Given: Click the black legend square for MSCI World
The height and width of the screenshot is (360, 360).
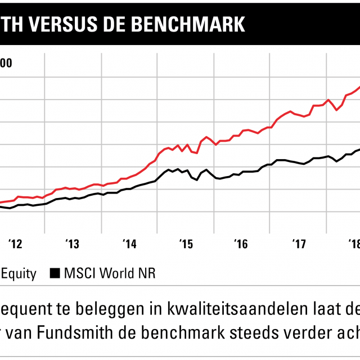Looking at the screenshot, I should point(55,274).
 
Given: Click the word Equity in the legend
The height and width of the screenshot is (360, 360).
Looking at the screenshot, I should point(19,274).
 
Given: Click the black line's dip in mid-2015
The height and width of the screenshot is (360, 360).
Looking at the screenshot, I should point(196,180).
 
